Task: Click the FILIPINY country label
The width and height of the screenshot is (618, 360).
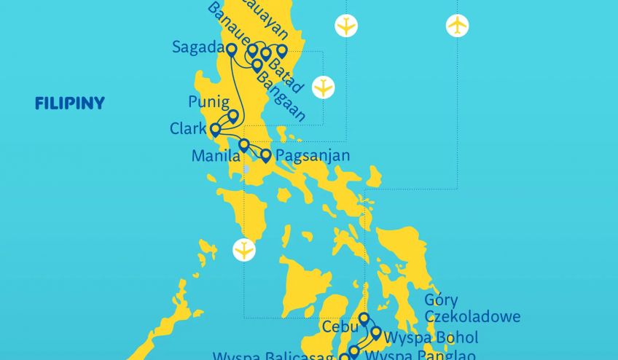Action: (70, 103)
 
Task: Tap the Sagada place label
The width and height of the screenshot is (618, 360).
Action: (196, 47)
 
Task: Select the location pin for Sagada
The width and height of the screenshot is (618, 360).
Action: (231, 50)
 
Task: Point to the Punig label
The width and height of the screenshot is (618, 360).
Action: (208, 101)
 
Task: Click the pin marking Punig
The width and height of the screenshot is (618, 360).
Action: (233, 115)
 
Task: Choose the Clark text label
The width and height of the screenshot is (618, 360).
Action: (188, 129)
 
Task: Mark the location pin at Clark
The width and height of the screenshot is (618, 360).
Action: (215, 130)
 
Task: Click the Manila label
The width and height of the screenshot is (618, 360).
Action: (215, 156)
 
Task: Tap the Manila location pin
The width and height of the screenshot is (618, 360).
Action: (244, 144)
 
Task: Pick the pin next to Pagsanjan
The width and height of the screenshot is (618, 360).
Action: (266, 154)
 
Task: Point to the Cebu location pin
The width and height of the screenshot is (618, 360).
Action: (364, 318)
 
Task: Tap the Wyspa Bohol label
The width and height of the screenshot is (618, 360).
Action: (431, 338)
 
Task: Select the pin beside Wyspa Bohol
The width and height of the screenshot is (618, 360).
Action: (376, 332)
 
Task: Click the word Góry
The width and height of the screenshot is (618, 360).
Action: (442, 301)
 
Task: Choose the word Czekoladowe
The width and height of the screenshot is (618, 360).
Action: (472, 317)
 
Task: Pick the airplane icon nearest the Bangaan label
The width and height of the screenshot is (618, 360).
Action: (323, 87)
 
